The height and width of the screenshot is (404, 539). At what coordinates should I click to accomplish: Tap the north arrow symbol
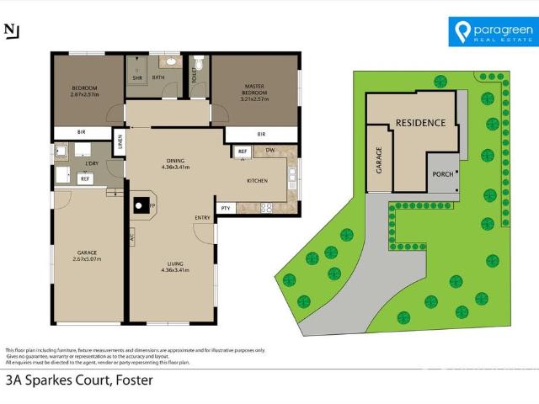point(12,30)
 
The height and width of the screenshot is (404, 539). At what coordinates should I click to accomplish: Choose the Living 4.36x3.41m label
point(175,267)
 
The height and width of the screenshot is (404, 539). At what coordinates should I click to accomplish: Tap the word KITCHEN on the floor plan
point(257,181)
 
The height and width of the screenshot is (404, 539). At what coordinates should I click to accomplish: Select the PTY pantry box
point(225,208)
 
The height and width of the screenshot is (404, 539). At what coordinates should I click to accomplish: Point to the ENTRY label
point(202,219)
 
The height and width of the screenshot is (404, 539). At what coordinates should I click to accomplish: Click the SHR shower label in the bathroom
point(136,78)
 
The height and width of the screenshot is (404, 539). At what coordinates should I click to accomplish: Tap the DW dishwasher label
point(269,151)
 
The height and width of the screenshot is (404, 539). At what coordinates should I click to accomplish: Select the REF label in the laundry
point(84,178)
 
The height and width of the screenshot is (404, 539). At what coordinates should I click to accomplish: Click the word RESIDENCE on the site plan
point(420,123)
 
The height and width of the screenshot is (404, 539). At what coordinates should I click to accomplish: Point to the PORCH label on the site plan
point(442,174)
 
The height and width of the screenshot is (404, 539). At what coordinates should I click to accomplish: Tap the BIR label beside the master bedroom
point(261,134)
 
